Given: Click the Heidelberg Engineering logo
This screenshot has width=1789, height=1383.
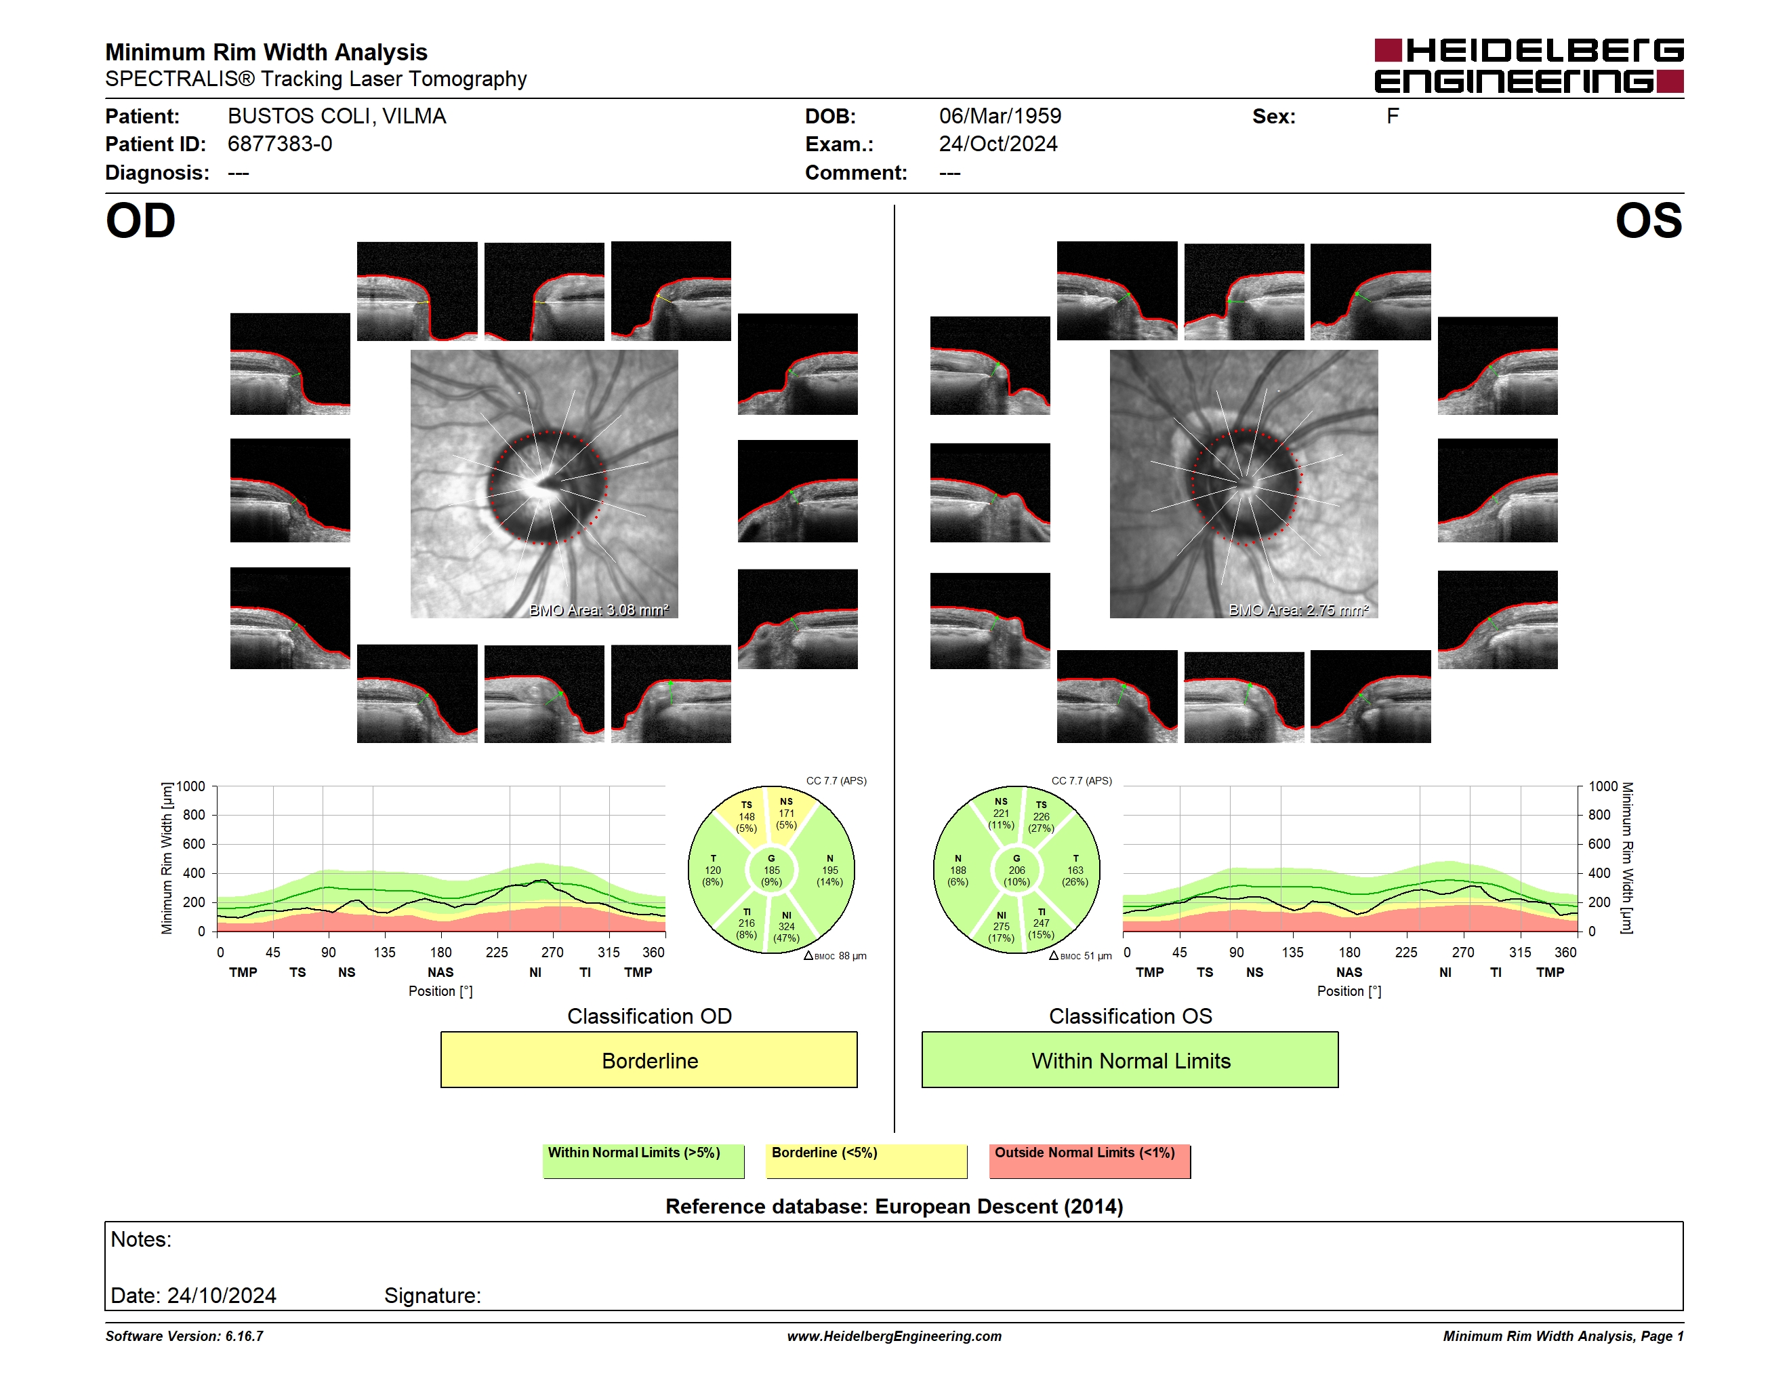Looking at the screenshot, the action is pyautogui.click(x=1529, y=66).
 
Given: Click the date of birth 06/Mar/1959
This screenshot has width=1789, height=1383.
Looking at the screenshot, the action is pyautogui.click(x=1000, y=117).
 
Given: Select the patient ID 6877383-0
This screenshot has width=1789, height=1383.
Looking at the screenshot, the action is pyautogui.click(x=280, y=144).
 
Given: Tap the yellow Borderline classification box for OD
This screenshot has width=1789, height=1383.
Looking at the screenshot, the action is pyautogui.click(x=649, y=1060).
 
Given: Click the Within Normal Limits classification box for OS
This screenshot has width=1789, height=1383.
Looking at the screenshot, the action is pyautogui.click(x=1130, y=1060).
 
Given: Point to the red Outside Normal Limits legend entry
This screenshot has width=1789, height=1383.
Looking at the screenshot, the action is pyautogui.click(x=1090, y=1161).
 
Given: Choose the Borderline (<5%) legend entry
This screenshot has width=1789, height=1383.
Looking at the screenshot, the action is pyautogui.click(x=866, y=1161).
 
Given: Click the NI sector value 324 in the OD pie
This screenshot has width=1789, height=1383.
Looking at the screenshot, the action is pyautogui.click(x=786, y=927).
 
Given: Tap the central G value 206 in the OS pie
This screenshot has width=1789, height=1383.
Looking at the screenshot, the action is pyautogui.click(x=1016, y=870).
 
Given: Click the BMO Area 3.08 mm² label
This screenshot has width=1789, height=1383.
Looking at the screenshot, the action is pyautogui.click(x=599, y=609).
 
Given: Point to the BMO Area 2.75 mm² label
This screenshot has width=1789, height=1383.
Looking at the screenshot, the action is pyautogui.click(x=1298, y=609).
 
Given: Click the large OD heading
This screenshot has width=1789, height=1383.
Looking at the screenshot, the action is pyautogui.click(x=141, y=221).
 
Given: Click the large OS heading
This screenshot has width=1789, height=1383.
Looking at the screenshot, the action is pyautogui.click(x=1649, y=221).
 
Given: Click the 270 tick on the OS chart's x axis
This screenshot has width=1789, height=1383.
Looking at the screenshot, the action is pyautogui.click(x=1462, y=952).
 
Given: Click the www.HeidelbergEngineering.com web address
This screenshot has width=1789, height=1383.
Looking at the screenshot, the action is pyautogui.click(x=894, y=1336).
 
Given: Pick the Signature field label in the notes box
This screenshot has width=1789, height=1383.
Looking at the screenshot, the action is pyautogui.click(x=432, y=1296).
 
